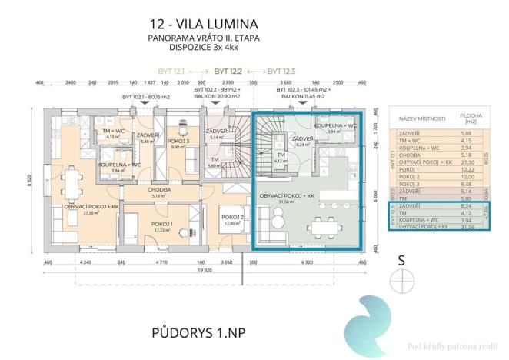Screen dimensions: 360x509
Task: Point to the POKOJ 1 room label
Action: [x=161, y=225]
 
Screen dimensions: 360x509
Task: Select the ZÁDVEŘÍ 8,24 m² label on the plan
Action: [x=301, y=141]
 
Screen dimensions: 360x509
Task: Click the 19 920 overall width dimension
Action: [x=204, y=271]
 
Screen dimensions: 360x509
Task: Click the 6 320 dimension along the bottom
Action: [x=305, y=262]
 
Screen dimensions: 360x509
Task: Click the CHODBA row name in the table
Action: [x=410, y=153]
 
